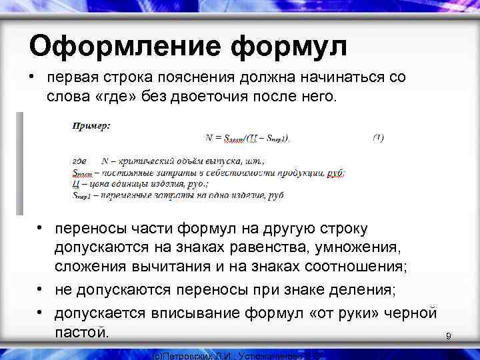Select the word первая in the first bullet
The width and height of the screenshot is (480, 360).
(x=77, y=77)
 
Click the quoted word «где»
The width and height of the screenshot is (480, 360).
(x=115, y=97)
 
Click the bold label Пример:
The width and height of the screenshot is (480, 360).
(x=91, y=125)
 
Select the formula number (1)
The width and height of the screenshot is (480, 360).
(x=378, y=138)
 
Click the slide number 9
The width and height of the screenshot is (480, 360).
(x=449, y=337)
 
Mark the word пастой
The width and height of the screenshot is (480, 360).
(x=81, y=331)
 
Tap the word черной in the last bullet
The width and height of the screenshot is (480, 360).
(x=409, y=313)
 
